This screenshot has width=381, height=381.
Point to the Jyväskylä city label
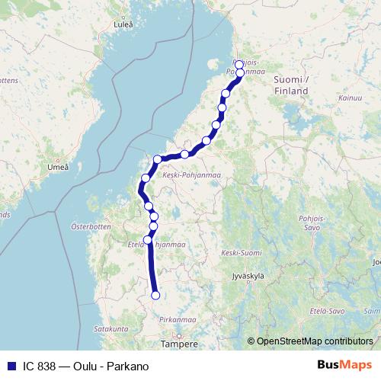pyautogui.click(x=247, y=276)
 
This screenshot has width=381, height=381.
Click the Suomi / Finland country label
pyautogui.click(x=290, y=85)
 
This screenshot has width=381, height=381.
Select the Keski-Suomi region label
pyautogui.click(x=238, y=252)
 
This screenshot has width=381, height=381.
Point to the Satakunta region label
pyautogui.click(x=111, y=328)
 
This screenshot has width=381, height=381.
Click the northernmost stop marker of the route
pyautogui.click(x=239, y=65)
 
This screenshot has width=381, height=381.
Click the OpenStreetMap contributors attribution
pyautogui.click(x=315, y=341)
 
